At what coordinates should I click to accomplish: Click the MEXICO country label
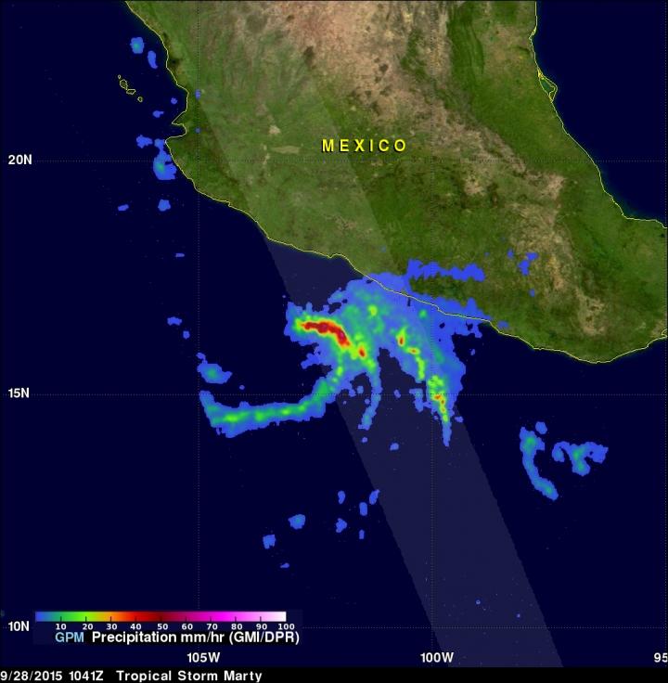[x=364, y=146]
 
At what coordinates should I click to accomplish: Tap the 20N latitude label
[x=19, y=160]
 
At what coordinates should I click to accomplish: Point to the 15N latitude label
[x=19, y=393]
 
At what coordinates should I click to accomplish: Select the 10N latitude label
[x=19, y=626]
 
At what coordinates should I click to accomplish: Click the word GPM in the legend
[x=71, y=638]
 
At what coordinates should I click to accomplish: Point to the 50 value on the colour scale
[x=161, y=627]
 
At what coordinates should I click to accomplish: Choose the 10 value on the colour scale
[x=60, y=627]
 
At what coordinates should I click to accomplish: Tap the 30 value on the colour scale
[x=111, y=627]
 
